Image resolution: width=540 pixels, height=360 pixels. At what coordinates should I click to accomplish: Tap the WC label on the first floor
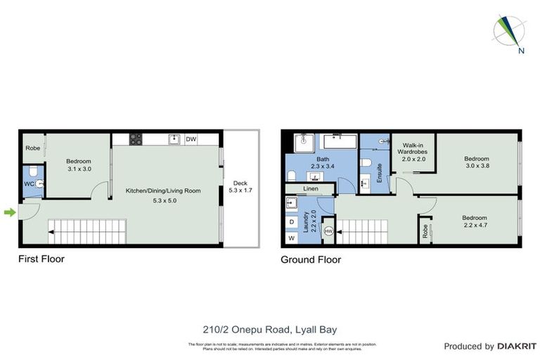(x=27, y=184)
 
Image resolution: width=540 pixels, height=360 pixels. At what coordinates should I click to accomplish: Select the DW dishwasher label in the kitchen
(x=191, y=139)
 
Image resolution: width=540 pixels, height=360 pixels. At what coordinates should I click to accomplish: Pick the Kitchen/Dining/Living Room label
(x=163, y=195)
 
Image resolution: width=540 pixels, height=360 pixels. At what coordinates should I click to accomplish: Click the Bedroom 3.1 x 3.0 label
(x=79, y=165)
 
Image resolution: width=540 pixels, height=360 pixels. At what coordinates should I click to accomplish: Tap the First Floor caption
(x=41, y=259)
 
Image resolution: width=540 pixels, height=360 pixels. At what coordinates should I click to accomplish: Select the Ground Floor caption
(x=311, y=259)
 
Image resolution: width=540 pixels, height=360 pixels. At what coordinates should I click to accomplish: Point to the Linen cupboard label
(x=311, y=189)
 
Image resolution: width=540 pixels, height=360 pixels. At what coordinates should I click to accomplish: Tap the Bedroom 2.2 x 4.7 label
(x=476, y=221)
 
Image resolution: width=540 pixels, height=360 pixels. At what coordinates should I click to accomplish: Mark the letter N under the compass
(x=521, y=50)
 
